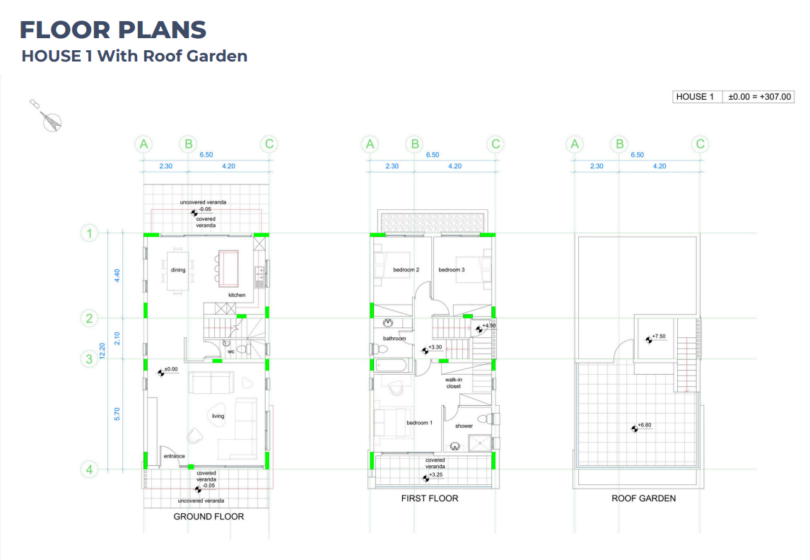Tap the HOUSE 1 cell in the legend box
click(695, 97)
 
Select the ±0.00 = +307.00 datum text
click(759, 97)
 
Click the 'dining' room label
click(178, 269)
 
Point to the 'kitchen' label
click(237, 295)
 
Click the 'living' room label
click(218, 416)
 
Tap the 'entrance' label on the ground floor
click(174, 456)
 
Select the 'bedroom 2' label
click(406, 269)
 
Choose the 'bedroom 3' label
click(452, 269)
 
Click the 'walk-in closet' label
click(454, 383)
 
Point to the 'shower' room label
click(464, 426)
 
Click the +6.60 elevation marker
click(641, 426)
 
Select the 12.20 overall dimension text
click(102, 351)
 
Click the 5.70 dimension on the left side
click(117, 414)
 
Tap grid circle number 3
click(89, 358)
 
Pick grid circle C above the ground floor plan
click(269, 144)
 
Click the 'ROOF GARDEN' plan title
click(644, 498)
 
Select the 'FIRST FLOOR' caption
click(430, 498)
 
